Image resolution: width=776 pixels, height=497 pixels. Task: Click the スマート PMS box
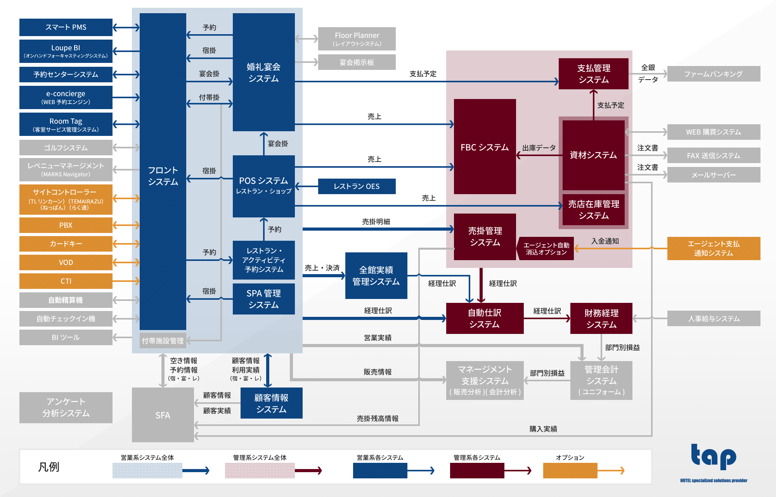tap(66, 27)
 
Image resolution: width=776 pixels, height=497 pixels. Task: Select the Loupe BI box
tap(66, 51)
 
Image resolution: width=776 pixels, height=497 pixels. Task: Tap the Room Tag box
tap(66, 124)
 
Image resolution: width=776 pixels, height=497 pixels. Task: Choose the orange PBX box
tap(66, 225)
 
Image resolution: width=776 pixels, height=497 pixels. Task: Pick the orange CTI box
tap(66, 281)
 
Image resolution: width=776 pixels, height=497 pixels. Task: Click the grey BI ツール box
tap(66, 337)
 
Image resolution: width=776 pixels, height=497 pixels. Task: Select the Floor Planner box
tap(357, 39)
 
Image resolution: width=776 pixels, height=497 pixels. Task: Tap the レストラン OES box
tap(357, 186)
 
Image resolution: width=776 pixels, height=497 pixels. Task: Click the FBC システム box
tap(485, 147)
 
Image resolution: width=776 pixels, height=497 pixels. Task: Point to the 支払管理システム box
tap(593, 74)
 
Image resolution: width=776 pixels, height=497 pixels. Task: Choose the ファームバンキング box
tap(714, 74)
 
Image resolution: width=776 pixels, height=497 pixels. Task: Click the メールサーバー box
tap(714, 175)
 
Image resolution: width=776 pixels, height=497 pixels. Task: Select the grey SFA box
tap(163, 415)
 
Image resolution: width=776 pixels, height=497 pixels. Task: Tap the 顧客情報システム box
tap(271, 403)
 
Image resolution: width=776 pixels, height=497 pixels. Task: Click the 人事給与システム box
tap(714, 318)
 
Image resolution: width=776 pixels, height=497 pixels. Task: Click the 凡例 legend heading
tap(49, 467)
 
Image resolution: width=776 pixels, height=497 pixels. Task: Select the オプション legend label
tap(570, 457)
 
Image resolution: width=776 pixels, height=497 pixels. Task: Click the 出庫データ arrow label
tap(539, 148)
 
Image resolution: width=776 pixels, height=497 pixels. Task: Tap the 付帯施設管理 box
tap(163, 341)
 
